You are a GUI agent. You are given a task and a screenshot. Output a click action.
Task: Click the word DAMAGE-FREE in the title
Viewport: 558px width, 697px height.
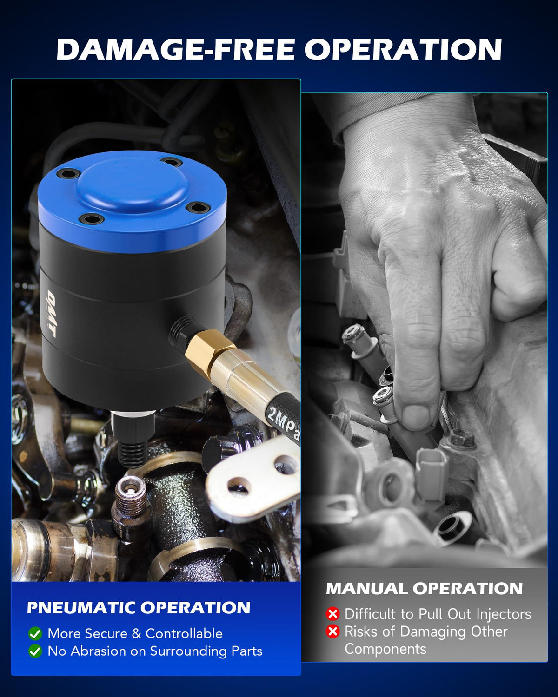pos(176,49)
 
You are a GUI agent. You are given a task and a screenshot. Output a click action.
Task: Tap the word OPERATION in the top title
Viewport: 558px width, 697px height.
pos(403,49)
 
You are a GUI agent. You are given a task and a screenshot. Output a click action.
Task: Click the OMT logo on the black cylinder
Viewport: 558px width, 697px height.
pos(51,314)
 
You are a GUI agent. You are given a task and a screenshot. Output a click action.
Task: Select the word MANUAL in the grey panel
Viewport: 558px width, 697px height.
pos(366,588)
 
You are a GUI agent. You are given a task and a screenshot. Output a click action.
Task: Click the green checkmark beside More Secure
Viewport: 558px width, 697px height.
pos(35,634)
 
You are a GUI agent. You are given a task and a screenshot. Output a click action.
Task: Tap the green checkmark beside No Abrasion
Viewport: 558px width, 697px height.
pos(35,651)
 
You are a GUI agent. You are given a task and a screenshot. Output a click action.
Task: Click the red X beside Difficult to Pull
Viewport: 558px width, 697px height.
pos(332,614)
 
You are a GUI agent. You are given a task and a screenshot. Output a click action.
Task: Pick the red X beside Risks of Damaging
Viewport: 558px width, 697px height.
pos(332,631)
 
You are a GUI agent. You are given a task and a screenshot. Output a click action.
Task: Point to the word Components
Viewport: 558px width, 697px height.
pos(385,650)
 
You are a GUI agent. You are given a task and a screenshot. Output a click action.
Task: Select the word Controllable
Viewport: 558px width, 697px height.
pos(184,633)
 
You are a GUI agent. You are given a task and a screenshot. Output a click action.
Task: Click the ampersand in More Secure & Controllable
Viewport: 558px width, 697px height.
pos(137,634)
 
